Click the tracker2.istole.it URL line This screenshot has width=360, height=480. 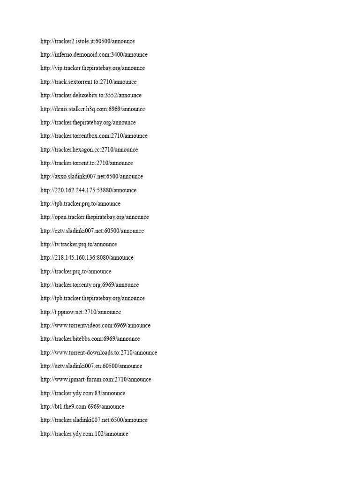(x=88, y=41)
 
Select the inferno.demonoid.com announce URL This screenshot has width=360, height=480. (x=94, y=55)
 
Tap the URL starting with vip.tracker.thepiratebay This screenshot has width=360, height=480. (x=92, y=68)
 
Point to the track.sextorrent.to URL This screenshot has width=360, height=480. (x=88, y=82)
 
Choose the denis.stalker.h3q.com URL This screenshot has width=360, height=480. (x=92, y=109)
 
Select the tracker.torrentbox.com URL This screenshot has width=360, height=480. (x=94, y=136)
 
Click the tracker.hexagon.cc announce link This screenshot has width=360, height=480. (x=89, y=150)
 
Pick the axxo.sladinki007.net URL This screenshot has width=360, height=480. (x=91, y=177)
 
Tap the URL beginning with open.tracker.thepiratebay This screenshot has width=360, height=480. (x=94, y=217)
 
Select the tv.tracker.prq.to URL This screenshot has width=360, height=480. (x=79, y=244)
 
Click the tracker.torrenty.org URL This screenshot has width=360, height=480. (x=90, y=285)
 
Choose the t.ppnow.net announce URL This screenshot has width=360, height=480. (x=81, y=312)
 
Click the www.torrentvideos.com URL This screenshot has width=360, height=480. (x=96, y=326)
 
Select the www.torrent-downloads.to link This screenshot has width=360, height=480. (x=98, y=352)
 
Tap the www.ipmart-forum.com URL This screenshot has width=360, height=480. (x=96, y=380)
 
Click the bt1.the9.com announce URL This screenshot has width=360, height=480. (x=82, y=407)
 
